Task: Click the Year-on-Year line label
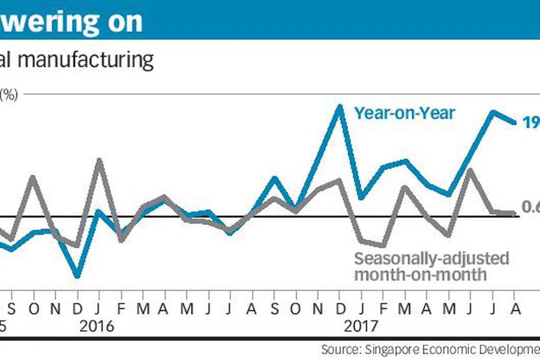(x=405, y=113)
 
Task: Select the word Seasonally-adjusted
(x=432, y=259)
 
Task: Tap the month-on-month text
(x=421, y=274)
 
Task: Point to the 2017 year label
(x=360, y=326)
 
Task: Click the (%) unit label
(x=9, y=95)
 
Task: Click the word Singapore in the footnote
(x=388, y=350)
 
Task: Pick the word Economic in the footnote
(x=442, y=350)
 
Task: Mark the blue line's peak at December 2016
(x=339, y=107)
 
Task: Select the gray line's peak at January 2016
(x=99, y=160)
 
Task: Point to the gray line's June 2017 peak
(x=469, y=170)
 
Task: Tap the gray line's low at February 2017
(x=383, y=245)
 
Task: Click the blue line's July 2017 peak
(x=492, y=112)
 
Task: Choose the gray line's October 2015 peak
(x=33, y=177)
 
